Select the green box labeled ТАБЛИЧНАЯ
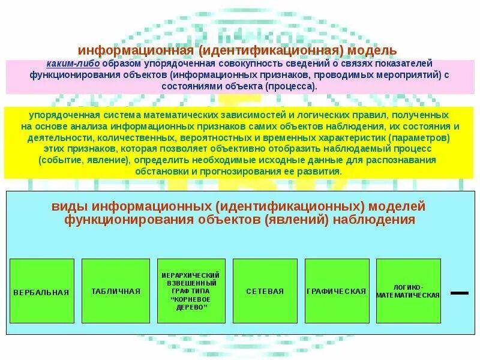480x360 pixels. pos(116,291)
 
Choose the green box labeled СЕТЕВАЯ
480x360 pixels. pos(265,291)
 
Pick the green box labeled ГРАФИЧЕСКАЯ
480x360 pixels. pos(337,291)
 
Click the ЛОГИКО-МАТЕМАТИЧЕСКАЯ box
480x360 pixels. pos(408,291)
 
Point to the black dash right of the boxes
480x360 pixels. pos(459,293)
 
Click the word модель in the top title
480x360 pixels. pos(373,52)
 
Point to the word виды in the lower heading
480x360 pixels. pos(69,207)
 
